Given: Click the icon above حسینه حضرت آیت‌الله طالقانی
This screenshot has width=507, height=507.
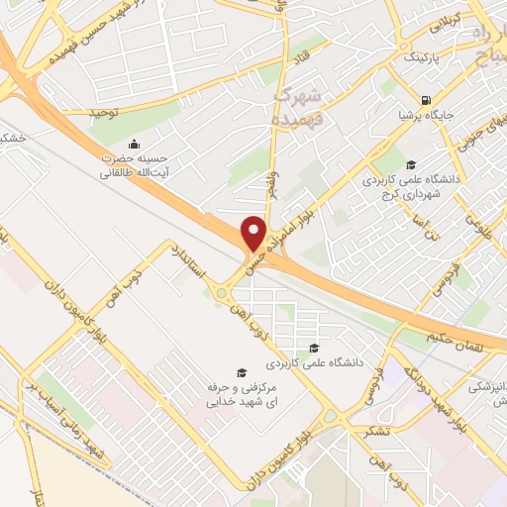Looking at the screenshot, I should click(134, 145).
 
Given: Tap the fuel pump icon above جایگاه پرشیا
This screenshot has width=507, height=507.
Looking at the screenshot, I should click(426, 99).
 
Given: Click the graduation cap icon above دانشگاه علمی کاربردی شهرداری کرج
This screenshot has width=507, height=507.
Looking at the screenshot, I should click(411, 164).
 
